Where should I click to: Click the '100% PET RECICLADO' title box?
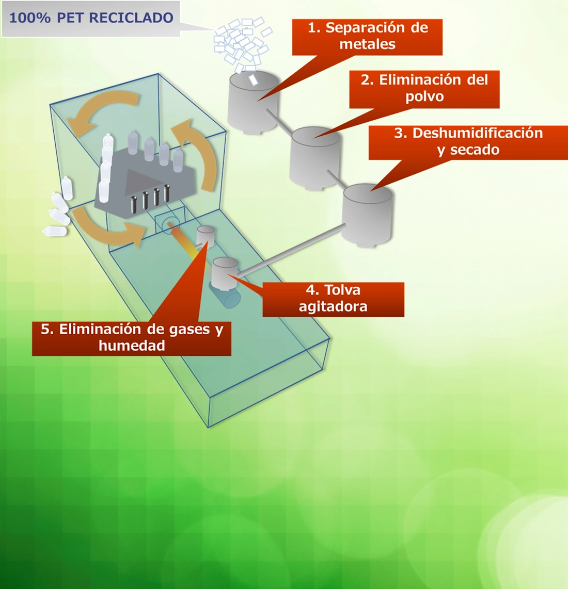91,19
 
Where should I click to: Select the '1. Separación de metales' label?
367,37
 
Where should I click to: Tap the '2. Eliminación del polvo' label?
424,89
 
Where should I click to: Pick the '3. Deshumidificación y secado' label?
468,142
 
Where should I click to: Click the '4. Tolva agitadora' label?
333,299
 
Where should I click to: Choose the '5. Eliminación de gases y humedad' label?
132,338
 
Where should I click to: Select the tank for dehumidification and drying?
367,217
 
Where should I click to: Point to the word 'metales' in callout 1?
367,45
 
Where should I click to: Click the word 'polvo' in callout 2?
424,97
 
